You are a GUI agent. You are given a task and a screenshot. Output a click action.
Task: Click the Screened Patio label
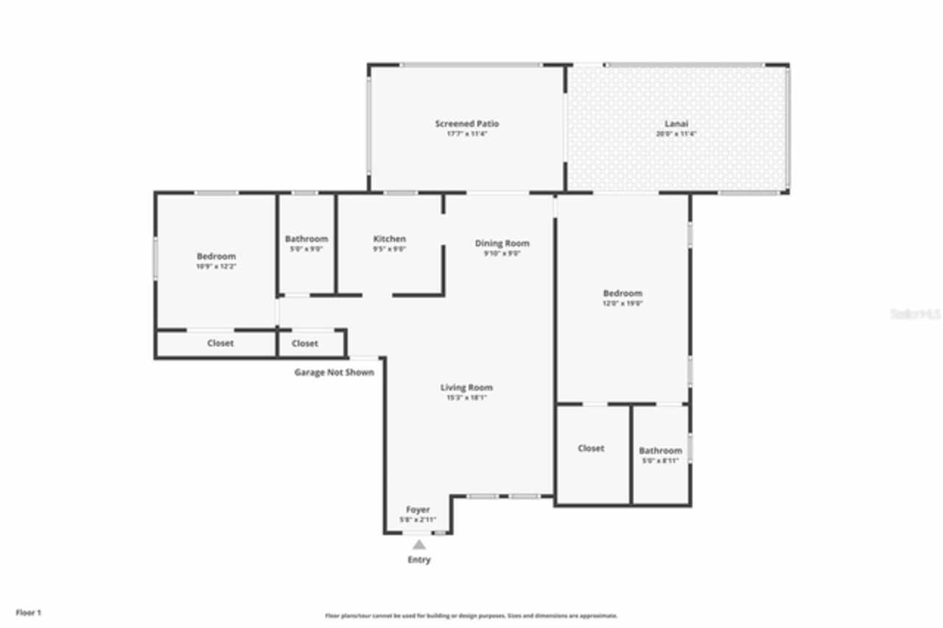466,124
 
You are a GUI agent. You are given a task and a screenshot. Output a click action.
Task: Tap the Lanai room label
676,124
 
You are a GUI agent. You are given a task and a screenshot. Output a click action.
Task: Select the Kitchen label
389,239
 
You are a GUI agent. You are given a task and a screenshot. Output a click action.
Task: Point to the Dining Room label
502,243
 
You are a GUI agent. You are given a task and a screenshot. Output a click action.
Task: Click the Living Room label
466,388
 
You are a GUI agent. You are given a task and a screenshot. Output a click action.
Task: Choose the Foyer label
418,509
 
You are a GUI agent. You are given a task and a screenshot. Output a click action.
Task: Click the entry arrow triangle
418,545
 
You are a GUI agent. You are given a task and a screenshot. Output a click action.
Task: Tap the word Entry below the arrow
418,560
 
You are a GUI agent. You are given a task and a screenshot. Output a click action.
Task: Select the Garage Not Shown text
334,372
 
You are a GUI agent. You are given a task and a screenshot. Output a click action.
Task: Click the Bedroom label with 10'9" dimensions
216,257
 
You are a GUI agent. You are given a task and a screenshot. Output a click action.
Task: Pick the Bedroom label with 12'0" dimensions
623,293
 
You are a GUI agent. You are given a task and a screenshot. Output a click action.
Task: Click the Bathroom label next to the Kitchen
306,239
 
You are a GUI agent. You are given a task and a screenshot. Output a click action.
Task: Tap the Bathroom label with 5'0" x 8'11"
660,450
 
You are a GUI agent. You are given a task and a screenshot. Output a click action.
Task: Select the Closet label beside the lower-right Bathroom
591,448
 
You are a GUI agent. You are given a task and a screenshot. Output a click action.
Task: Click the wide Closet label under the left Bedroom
220,343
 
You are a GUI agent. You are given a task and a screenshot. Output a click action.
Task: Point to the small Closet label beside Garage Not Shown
305,343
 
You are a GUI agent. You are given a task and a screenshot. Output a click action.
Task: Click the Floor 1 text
29,613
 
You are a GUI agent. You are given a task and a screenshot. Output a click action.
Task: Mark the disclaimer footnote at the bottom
471,615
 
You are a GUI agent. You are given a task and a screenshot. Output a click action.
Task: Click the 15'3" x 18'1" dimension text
466,397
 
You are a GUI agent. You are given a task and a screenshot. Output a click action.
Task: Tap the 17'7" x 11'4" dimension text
466,133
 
